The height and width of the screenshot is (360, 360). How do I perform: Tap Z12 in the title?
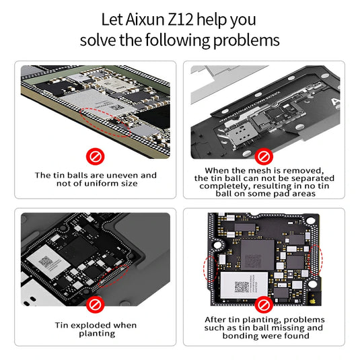click(190, 20)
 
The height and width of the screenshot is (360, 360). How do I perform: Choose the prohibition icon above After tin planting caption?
click(263, 303)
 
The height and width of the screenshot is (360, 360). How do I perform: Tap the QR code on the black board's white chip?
click(242, 287)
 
